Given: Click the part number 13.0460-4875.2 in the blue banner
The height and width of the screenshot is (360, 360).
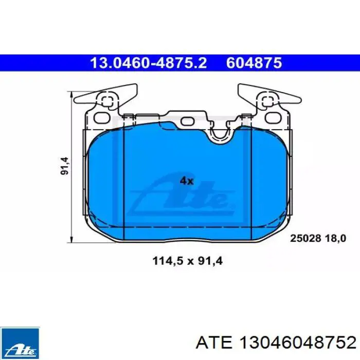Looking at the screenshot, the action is pos(149,63).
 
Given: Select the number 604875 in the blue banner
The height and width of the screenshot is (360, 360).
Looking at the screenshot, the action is pos(254,63).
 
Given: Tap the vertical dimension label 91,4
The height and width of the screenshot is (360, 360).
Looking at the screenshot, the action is pos(65,166).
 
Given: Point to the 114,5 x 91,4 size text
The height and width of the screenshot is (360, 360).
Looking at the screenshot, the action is pos(188,261).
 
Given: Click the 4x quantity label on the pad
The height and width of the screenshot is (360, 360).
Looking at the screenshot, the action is pos(187,181).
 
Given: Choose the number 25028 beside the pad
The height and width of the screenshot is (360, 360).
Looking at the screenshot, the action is pos(305,238).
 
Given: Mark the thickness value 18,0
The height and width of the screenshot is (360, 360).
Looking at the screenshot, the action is pos(335,238).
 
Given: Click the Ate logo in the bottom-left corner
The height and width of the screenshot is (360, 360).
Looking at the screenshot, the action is pos(20,344).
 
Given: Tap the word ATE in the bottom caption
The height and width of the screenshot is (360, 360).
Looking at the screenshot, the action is pos(214,343).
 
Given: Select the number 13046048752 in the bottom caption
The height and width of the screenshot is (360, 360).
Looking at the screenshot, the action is pos(297,343).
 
